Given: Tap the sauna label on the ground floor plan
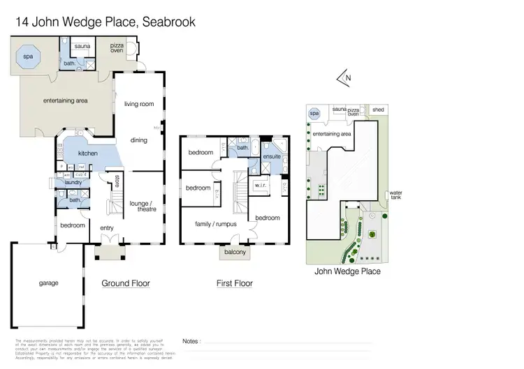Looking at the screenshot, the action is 83,47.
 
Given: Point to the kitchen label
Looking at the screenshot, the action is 87,153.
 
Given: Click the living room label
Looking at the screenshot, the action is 139,105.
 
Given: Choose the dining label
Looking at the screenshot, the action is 139,140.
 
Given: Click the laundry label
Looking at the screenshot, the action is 73,183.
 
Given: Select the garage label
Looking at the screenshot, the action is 48,283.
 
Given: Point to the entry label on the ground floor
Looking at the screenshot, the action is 107,228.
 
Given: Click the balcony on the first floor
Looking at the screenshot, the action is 235,253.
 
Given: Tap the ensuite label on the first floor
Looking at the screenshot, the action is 271,157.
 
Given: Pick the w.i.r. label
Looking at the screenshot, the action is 262,185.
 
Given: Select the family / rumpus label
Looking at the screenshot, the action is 214,224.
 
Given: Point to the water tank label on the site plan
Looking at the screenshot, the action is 396,195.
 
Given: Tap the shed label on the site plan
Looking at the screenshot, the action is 378,110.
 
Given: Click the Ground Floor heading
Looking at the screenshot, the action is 126,283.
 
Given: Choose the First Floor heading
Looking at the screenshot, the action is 235,283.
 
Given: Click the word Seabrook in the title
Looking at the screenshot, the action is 168,22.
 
